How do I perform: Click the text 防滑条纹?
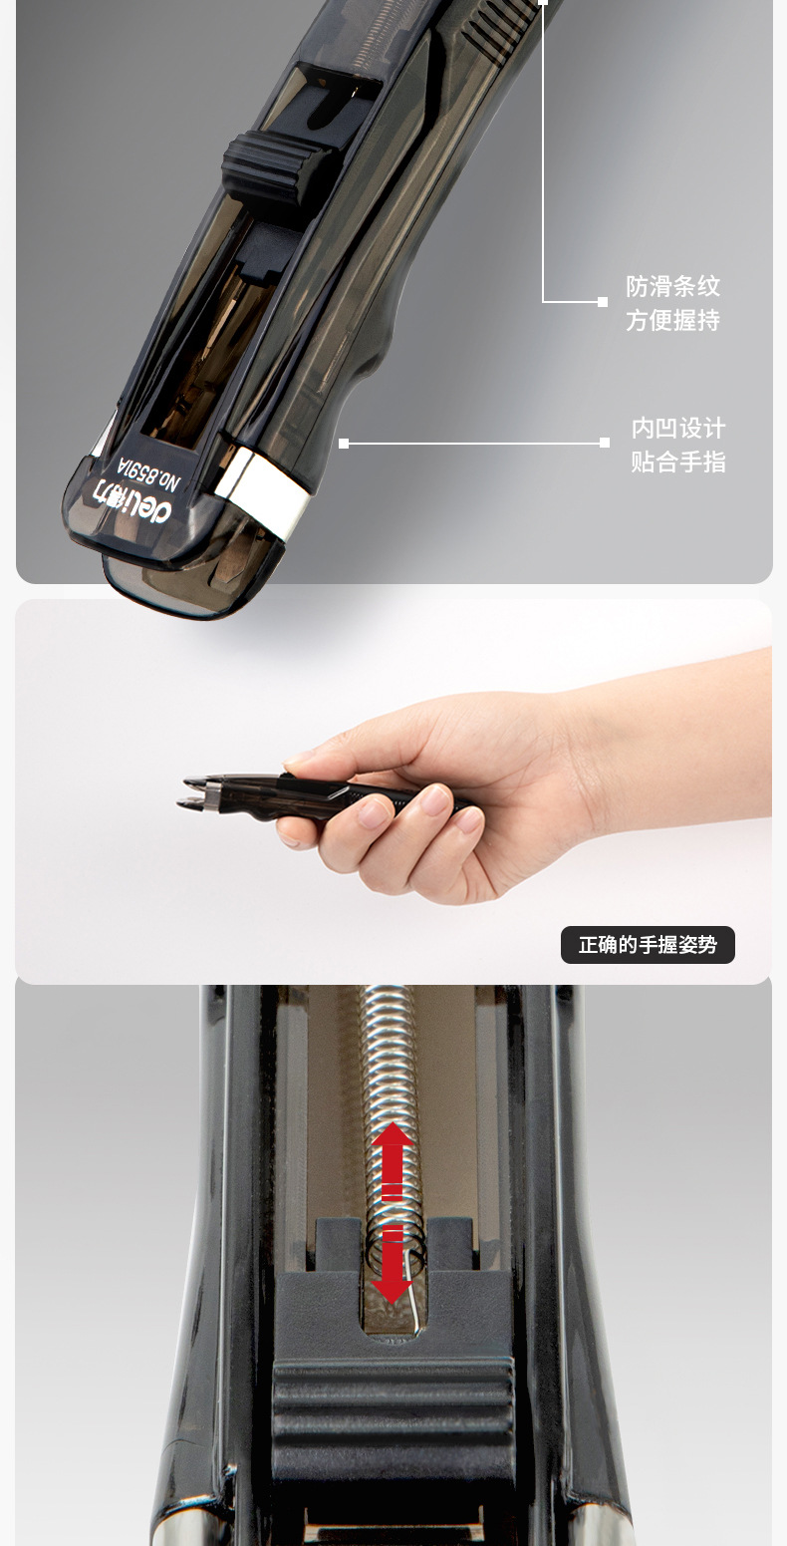click(672, 286)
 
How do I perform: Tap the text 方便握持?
click(672, 320)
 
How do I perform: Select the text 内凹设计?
click(678, 428)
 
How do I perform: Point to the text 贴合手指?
click(678, 462)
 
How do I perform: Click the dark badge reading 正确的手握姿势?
click(648, 945)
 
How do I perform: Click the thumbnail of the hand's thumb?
click(298, 766)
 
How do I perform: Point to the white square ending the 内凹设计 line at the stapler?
click(344, 444)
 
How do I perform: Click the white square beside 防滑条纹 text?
click(603, 301)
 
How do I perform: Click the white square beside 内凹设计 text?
click(605, 443)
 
